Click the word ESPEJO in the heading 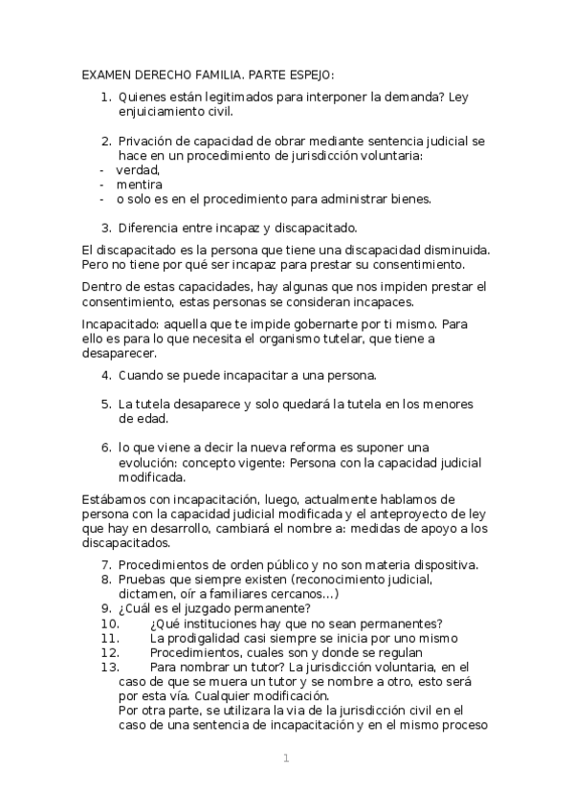308,76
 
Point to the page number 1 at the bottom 285,758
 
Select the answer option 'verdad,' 138,169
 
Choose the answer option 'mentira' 140,184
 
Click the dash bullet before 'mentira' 101,184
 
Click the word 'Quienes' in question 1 144,97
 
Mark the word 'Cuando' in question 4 142,374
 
